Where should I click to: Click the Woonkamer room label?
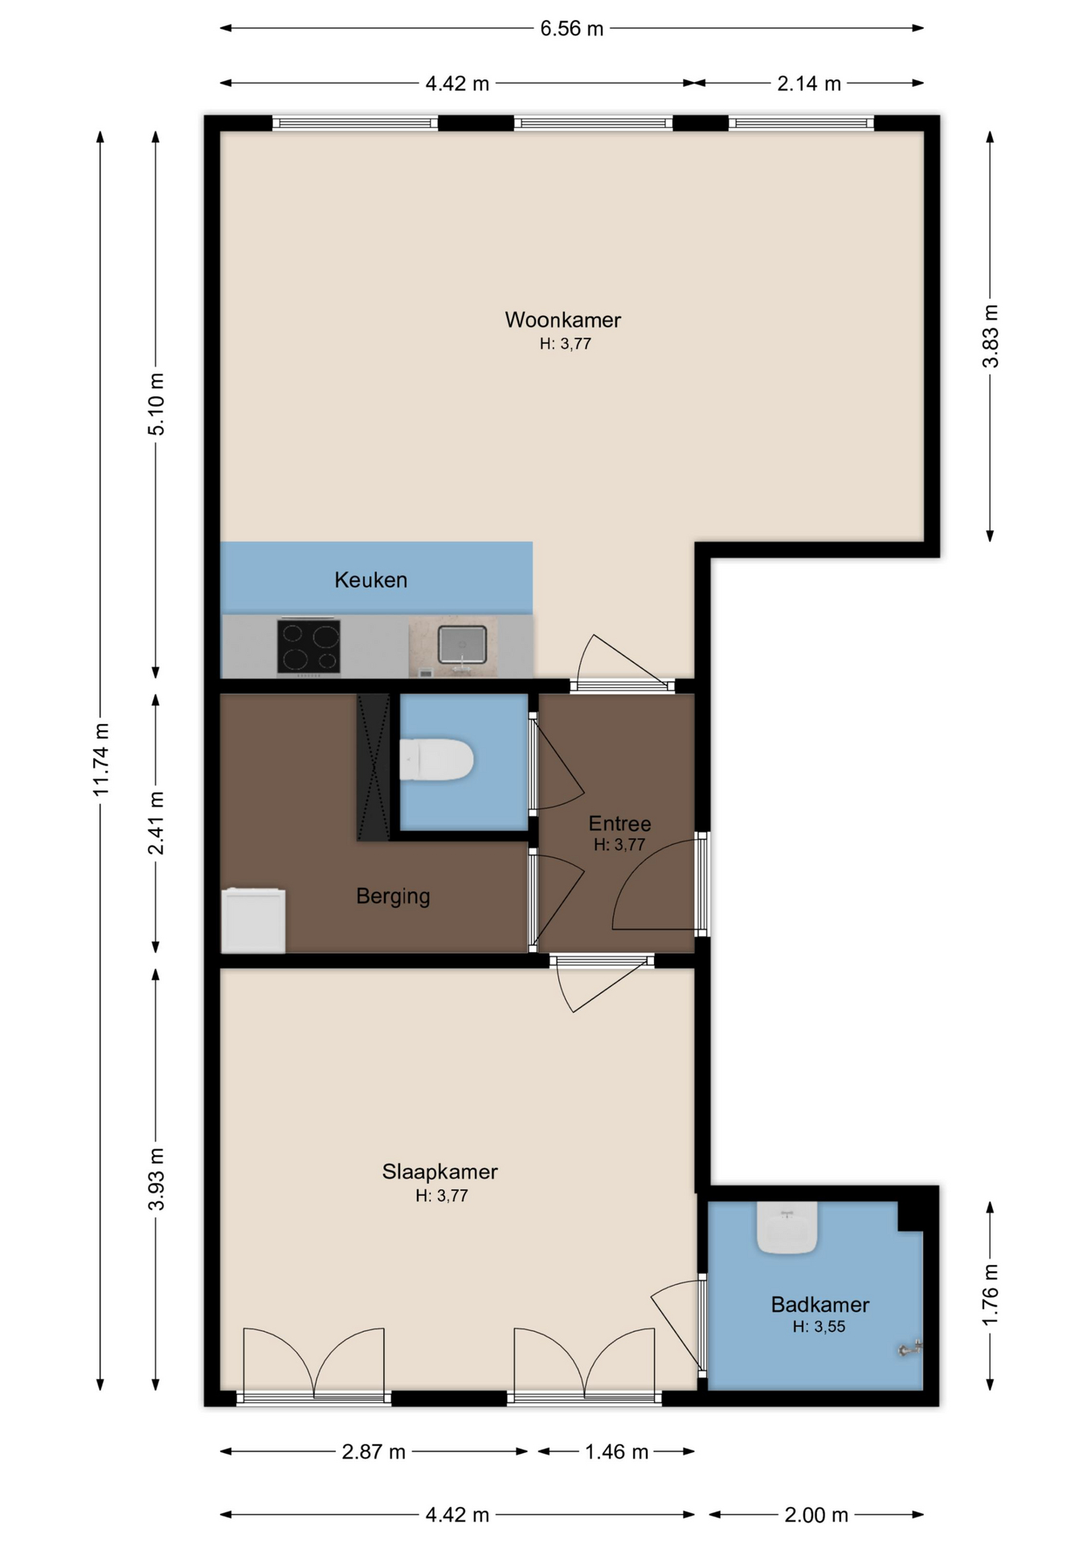coord(562,320)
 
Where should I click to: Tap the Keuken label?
coord(370,579)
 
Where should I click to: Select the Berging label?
coord(393,896)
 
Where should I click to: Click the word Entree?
coord(619,823)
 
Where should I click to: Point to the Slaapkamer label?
coord(439,1172)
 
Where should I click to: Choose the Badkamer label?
coord(819,1304)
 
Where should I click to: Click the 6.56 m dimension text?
coord(571,29)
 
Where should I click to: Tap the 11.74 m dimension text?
coord(101,759)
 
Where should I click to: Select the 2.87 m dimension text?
coord(374,1451)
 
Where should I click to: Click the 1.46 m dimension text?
coord(616,1451)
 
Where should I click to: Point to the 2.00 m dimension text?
coord(816,1515)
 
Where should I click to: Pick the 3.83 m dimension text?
coord(991,336)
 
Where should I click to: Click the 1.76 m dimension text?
coord(991,1295)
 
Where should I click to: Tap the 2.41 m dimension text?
coord(157,823)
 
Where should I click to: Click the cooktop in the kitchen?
coord(309,647)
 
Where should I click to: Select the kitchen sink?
coord(462,645)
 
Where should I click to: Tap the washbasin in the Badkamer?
coord(787,1227)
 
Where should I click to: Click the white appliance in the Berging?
coord(253,920)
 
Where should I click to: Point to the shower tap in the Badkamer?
coord(910,1349)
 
